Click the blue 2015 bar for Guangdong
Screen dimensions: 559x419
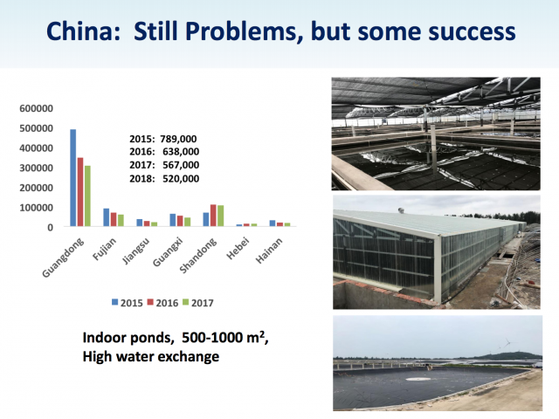tap(73, 178)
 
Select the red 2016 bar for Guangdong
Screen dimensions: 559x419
tap(80, 192)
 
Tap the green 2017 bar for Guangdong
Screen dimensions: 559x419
tap(87, 196)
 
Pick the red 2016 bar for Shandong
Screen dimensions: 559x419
tap(213, 216)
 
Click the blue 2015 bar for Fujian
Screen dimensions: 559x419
tap(107, 217)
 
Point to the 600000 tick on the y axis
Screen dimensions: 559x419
tap(37, 108)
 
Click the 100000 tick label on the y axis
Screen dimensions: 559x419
tap(37, 208)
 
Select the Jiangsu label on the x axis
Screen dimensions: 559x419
tap(135, 251)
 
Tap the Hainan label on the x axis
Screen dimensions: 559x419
tap(269, 251)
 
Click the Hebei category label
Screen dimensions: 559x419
tap(238, 249)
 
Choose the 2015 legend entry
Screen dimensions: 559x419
tap(128, 303)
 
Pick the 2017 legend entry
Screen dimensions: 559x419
tap(198, 303)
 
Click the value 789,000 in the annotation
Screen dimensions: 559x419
tap(178, 139)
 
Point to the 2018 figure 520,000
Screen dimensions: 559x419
tap(181, 178)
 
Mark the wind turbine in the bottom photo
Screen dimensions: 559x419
tap(507, 345)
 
